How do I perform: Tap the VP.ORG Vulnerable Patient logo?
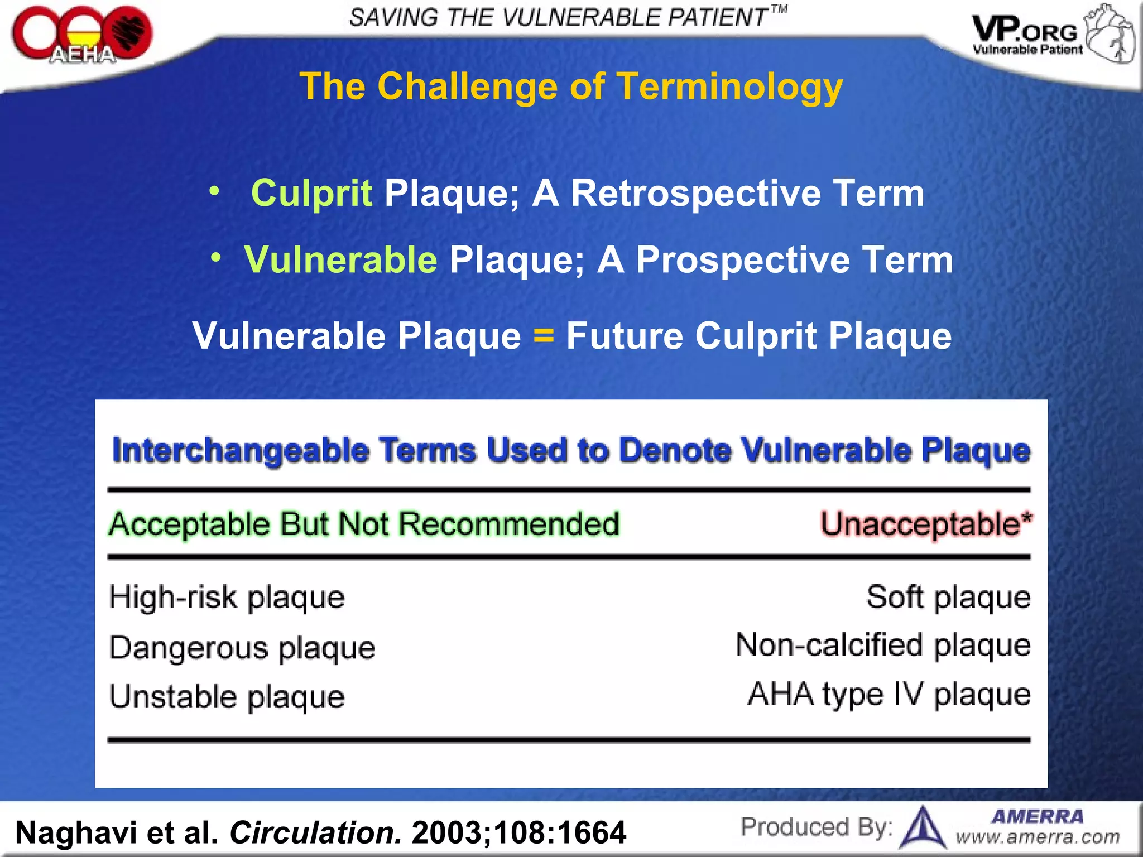point(1053,35)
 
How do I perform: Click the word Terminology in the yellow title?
point(729,87)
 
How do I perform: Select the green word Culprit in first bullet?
point(311,194)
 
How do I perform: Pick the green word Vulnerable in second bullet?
point(340,260)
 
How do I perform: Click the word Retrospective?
point(695,194)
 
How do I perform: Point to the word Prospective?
point(742,260)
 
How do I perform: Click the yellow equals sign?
point(544,336)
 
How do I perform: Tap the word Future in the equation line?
point(625,336)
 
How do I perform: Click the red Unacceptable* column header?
point(926,524)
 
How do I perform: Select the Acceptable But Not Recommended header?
point(364,524)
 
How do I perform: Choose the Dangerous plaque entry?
point(242,648)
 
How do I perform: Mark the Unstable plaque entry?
point(227,697)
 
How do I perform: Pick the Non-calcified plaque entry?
point(883,646)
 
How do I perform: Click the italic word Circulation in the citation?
point(315,832)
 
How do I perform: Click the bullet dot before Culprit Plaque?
point(214,192)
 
